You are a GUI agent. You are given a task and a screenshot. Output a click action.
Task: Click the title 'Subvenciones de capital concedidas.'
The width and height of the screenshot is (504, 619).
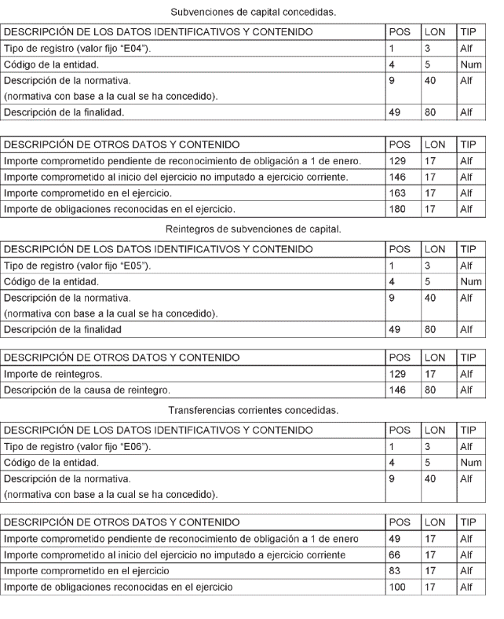251,11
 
